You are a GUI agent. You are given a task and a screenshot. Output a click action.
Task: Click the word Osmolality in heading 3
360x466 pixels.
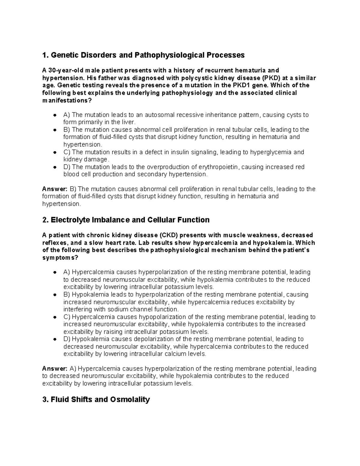point(130,400)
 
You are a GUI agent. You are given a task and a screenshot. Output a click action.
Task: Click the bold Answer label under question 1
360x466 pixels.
point(55,189)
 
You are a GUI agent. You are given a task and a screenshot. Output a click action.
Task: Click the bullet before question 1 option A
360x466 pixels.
point(55,115)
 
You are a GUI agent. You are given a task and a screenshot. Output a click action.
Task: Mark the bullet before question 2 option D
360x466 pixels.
point(55,339)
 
